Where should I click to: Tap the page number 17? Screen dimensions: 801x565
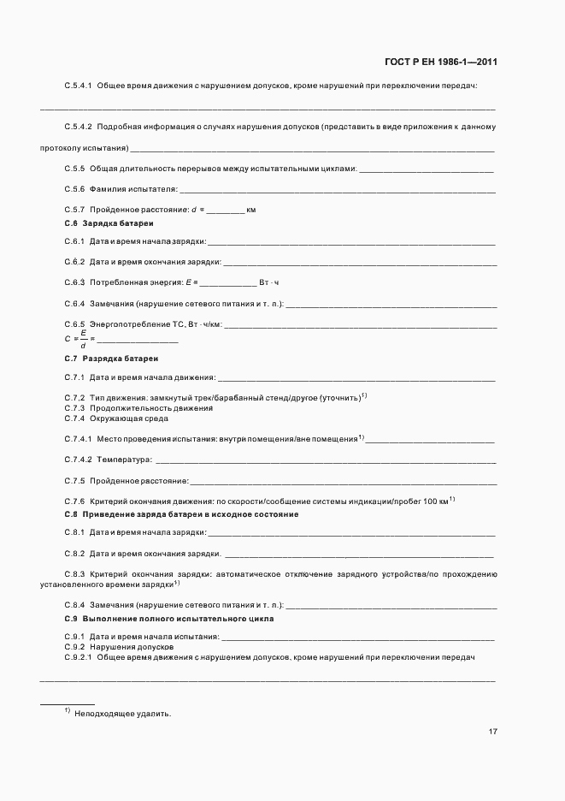click(x=493, y=733)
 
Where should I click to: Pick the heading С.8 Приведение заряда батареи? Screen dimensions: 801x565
click(x=181, y=513)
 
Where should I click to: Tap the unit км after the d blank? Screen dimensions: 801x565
click(x=251, y=210)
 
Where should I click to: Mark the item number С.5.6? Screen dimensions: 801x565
click(x=74, y=188)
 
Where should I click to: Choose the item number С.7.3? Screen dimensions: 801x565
click(x=74, y=408)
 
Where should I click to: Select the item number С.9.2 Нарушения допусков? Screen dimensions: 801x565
click(x=74, y=647)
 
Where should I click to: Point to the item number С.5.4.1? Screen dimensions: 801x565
click(x=78, y=86)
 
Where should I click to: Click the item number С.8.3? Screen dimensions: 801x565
click(x=74, y=574)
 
